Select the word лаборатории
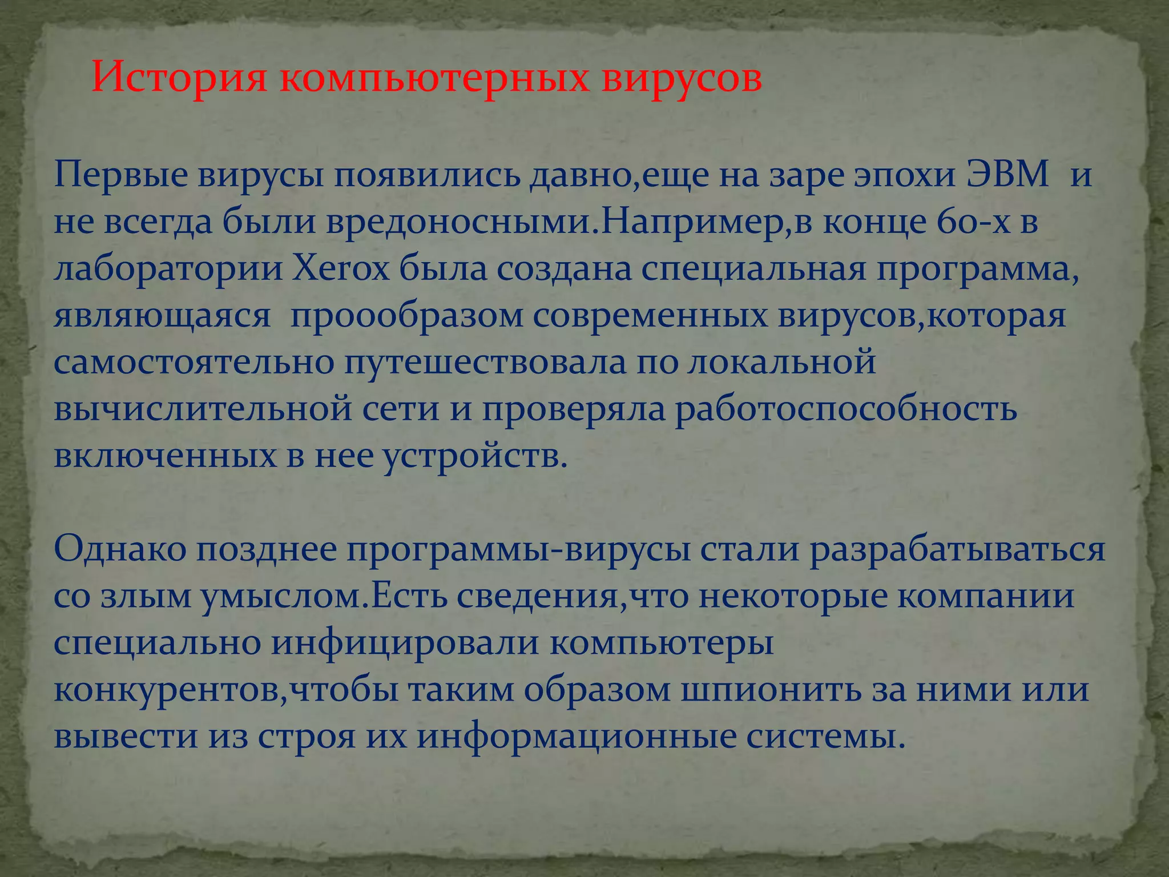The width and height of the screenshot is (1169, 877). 168,269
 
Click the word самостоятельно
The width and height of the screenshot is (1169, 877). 194,363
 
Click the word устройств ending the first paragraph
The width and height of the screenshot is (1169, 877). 474,456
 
